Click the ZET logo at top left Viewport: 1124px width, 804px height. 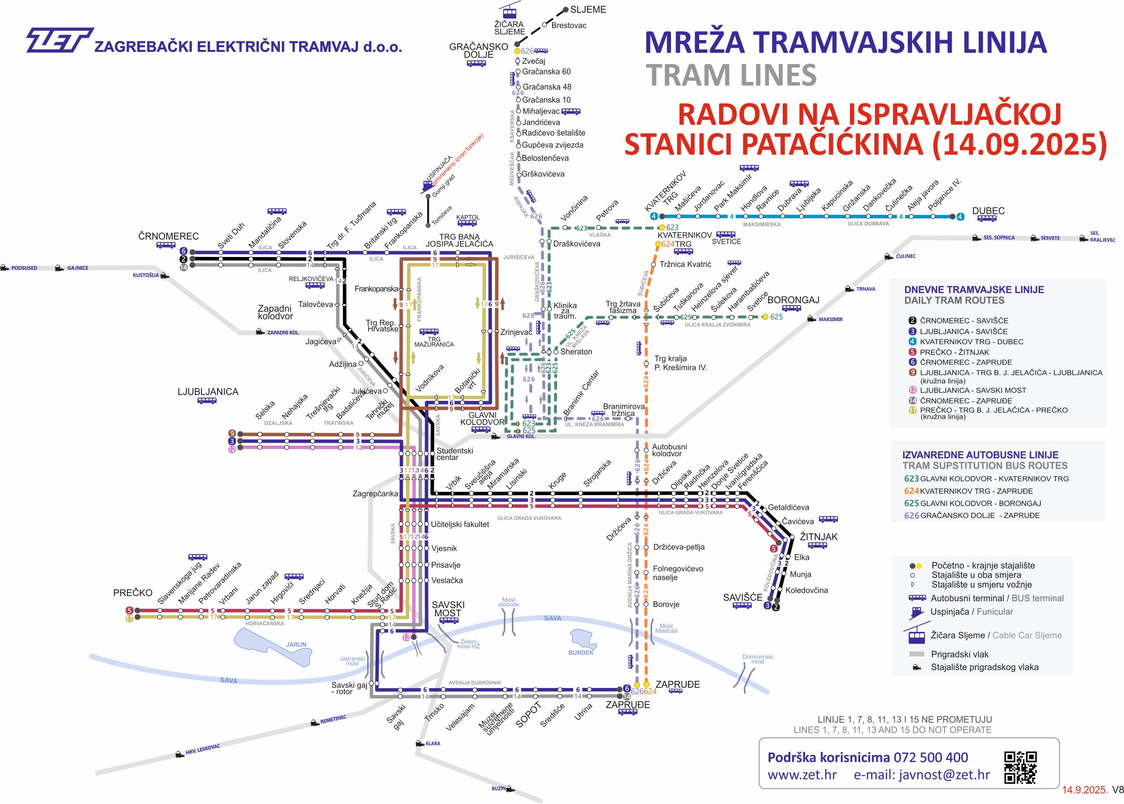pyautogui.click(x=59, y=40)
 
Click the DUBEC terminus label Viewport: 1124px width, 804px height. pyautogui.click(x=988, y=211)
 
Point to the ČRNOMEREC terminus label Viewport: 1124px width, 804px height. pyautogui.click(x=168, y=237)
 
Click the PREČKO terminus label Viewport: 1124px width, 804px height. pyautogui.click(x=132, y=593)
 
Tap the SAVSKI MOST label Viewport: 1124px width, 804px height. pyautogui.click(x=448, y=609)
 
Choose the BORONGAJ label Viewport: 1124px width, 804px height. pyautogui.click(x=793, y=300)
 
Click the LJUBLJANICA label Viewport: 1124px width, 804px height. pyautogui.click(x=208, y=391)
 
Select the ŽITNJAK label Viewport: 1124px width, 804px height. pyautogui.click(x=818, y=537)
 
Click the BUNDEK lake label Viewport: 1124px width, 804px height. pyautogui.click(x=580, y=653)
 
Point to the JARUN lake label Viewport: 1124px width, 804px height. pyautogui.click(x=296, y=645)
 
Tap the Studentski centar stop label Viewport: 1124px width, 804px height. pyautogui.click(x=454, y=454)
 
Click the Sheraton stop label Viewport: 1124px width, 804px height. pyautogui.click(x=576, y=351)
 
